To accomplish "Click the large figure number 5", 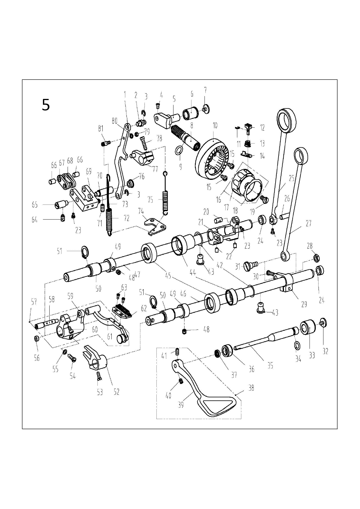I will click(46, 105).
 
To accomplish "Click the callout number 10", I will click(215, 126).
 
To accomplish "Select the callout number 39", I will click(181, 405).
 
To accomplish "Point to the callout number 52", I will click(116, 392).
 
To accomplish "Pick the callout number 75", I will click(150, 200).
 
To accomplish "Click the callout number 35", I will click(270, 366).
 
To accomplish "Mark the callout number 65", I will click(35, 205).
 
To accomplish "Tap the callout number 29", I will click(304, 304).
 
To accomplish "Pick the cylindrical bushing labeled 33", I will click(307, 327).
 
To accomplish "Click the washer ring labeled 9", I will click(179, 151).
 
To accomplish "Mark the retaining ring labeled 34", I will click(297, 345).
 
